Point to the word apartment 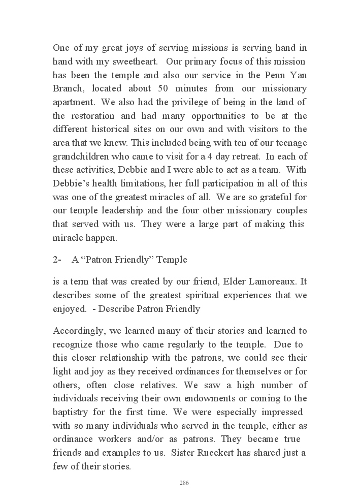pos(74,102)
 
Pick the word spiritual pos(199,295)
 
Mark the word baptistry pos(74,412)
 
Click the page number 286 pos(184,483)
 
